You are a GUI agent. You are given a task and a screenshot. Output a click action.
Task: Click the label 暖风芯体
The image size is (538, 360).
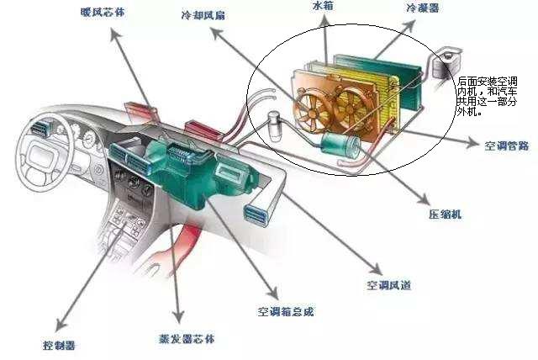[103, 13]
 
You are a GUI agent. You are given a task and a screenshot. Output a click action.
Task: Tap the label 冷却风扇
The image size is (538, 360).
[203, 15]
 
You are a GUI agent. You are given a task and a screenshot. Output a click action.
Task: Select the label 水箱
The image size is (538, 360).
[323, 6]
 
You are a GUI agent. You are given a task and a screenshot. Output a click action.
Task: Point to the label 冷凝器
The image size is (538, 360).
[422, 8]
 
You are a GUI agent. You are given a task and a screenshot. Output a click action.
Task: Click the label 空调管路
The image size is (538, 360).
[506, 146]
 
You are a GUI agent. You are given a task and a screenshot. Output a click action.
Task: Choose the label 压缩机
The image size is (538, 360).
[445, 214]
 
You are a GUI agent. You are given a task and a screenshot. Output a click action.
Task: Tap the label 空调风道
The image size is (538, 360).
[388, 285]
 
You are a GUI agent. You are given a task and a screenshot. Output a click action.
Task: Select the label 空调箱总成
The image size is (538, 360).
[286, 311]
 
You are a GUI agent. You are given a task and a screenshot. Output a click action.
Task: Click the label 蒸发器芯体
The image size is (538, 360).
[187, 339]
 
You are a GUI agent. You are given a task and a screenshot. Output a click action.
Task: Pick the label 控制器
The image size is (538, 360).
[59, 345]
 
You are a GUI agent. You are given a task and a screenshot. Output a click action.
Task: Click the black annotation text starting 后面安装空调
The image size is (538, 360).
[487, 97]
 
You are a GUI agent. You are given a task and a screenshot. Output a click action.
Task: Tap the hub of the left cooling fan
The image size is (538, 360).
[312, 114]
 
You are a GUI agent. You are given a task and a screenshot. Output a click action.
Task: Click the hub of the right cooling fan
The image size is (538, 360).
[351, 109]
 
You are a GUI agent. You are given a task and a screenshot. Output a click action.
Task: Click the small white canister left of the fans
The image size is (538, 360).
[275, 126]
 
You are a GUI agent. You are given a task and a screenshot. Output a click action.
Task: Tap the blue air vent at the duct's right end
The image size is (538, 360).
[256, 215]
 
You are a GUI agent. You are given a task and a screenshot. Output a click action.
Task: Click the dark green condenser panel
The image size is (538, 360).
[377, 82]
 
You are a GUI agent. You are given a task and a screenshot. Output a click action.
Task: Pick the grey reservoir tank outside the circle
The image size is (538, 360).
[445, 66]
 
